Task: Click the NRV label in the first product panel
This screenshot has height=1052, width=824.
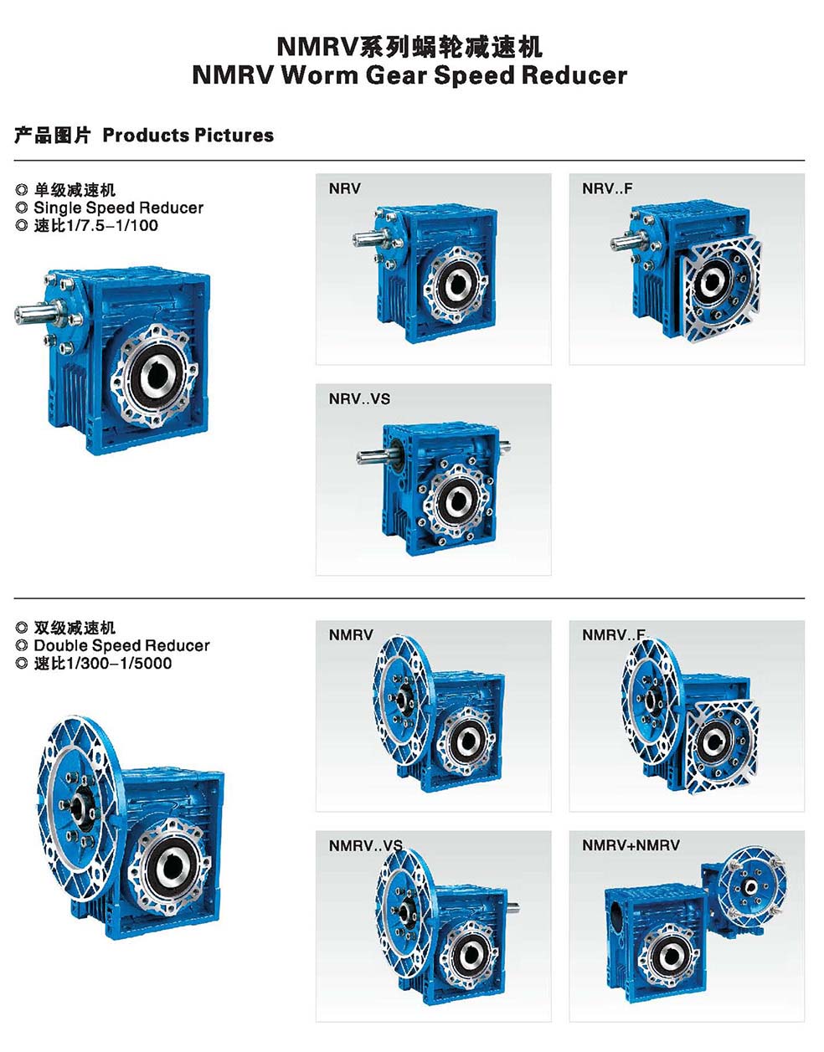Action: (344, 188)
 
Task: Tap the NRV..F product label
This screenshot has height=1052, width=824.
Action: (607, 188)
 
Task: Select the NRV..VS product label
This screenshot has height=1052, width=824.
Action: (359, 399)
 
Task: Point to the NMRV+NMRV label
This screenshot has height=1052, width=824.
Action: (631, 845)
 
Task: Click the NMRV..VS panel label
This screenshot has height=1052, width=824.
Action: (365, 845)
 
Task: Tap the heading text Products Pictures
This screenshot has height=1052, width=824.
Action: (188, 135)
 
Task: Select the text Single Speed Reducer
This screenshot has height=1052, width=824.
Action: (119, 208)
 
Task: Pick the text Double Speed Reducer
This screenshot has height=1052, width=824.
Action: (121, 645)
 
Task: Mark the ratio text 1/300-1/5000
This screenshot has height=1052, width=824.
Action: (118, 663)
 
